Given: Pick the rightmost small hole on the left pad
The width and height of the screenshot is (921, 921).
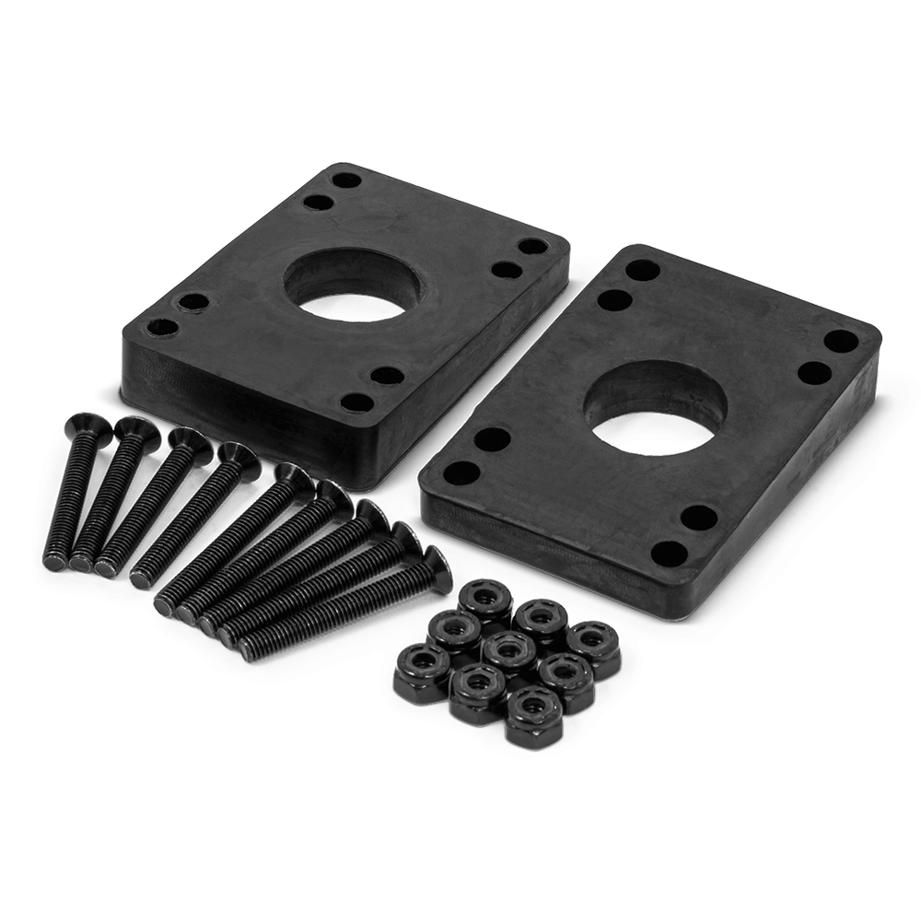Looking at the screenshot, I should pos(530,247).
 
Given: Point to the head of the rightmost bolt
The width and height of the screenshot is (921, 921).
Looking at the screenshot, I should pos(431,558).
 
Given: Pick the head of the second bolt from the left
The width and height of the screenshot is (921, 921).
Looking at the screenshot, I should pos(133,428).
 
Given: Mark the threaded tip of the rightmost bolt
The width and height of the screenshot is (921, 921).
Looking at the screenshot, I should pos(251,650).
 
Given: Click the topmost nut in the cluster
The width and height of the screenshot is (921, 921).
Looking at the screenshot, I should pos(485,599).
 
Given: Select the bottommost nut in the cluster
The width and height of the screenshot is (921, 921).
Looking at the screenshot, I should pos(530,711).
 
